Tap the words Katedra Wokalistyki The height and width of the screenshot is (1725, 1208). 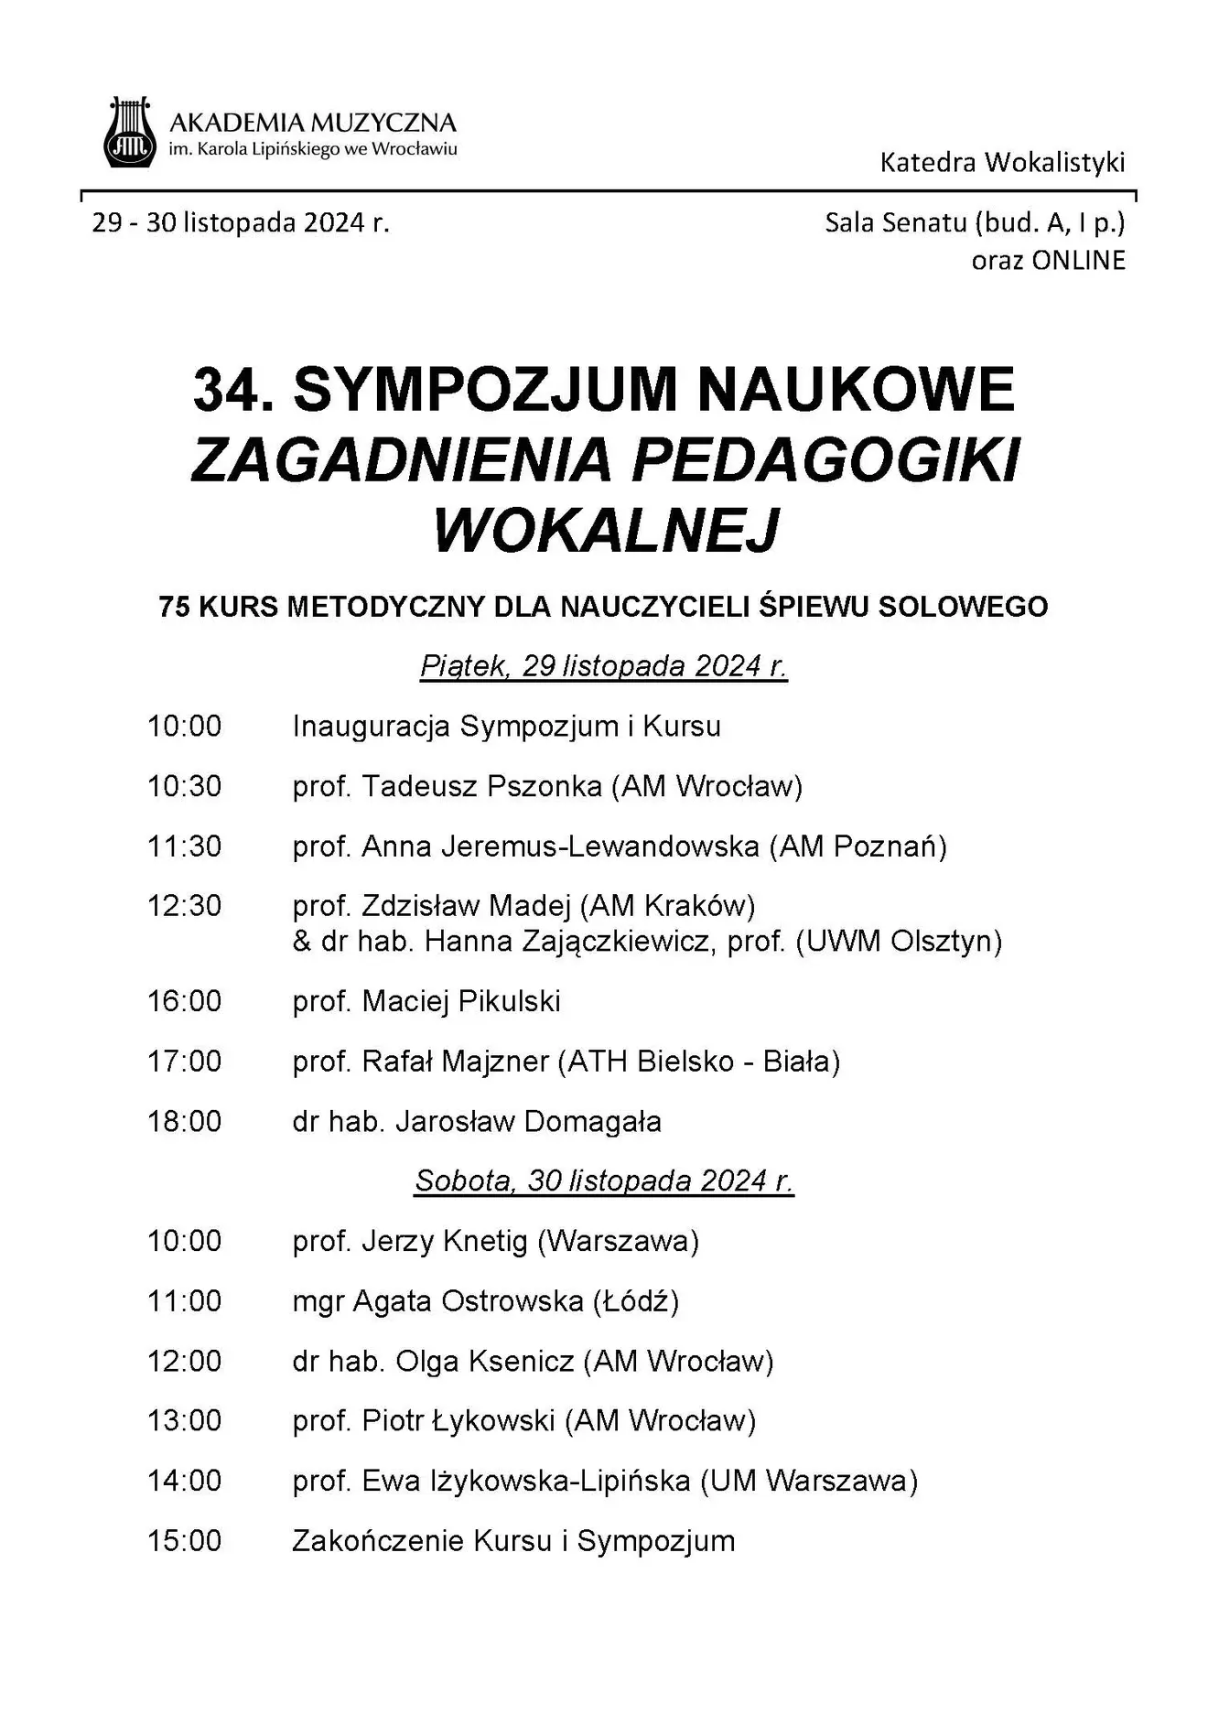tap(1002, 163)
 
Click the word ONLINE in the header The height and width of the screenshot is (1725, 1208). tap(1078, 261)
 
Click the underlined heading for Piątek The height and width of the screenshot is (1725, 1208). tap(604, 665)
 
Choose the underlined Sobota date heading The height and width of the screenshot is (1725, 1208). tap(604, 1181)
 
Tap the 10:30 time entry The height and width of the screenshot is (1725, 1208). tap(185, 786)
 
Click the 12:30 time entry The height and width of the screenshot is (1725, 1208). tap(185, 906)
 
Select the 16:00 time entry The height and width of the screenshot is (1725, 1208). tap(185, 1001)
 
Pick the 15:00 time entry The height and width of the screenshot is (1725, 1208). tap(185, 1541)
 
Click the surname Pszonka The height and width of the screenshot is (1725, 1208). tap(544, 786)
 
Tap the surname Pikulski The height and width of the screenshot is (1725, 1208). tap(509, 1001)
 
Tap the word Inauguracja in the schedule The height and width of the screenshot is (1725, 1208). tap(371, 727)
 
